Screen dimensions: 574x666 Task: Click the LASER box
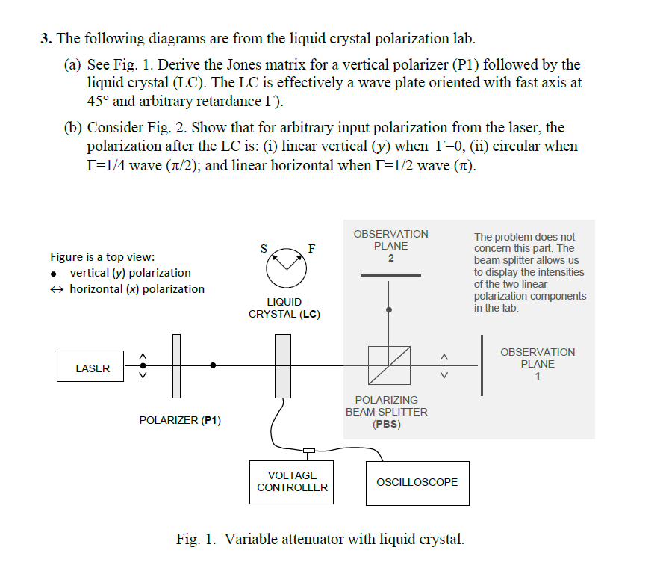click(93, 368)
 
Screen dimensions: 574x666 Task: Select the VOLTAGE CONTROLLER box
click(292, 481)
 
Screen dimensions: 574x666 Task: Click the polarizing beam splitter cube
click(389, 365)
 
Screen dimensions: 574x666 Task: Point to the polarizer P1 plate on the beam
click(176, 365)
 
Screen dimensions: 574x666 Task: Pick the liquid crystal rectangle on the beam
click(283, 365)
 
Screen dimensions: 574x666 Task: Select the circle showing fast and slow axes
click(284, 268)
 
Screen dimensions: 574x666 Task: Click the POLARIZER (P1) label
click(180, 421)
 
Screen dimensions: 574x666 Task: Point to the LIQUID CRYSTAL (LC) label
click(284, 308)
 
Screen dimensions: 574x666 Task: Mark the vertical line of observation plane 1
click(482, 365)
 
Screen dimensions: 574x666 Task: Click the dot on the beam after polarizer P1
click(214, 365)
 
